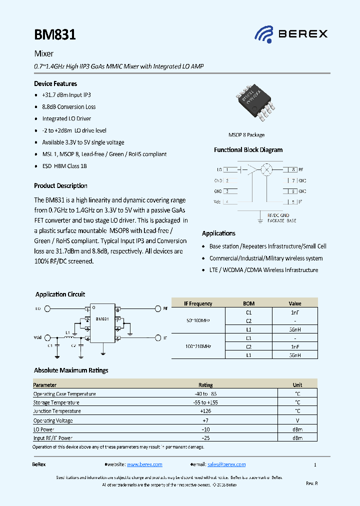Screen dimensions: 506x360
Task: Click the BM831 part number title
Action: coord(55,34)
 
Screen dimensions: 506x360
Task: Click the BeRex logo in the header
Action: coord(291,34)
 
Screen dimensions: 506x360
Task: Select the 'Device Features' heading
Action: coord(55,83)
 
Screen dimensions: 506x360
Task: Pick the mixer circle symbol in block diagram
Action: coord(267,170)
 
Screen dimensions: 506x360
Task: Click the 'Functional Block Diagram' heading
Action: coord(248,150)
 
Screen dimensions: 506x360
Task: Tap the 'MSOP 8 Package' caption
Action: coord(246,135)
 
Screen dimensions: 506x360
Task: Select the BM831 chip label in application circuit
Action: coord(102,318)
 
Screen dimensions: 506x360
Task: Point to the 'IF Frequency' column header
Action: coord(198,303)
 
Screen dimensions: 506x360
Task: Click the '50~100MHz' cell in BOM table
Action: coord(198,320)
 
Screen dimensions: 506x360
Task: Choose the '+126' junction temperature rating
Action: coord(205,411)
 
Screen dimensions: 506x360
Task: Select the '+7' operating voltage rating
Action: coord(205,420)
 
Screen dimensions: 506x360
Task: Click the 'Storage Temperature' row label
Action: coord(56,402)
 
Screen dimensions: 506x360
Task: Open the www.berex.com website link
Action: coord(144,464)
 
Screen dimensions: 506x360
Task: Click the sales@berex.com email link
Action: coord(226,464)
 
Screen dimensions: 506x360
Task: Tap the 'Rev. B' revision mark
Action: coord(311,483)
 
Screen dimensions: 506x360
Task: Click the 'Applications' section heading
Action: coord(218,233)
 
